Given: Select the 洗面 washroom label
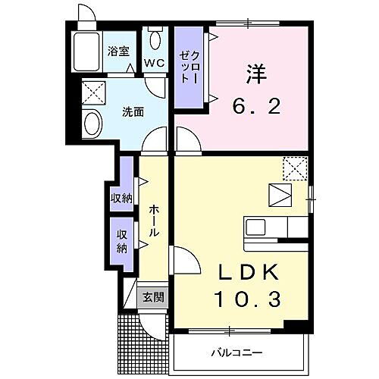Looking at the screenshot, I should (133, 112).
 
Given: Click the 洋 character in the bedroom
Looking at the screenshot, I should (255, 74).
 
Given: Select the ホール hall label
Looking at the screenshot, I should (153, 221).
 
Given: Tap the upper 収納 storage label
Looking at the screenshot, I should (122, 198).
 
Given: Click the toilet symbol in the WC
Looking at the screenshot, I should (156, 39).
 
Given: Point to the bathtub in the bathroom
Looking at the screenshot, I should (86, 52).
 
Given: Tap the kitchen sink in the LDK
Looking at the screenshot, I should (255, 227).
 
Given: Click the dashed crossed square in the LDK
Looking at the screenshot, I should (294, 167).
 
